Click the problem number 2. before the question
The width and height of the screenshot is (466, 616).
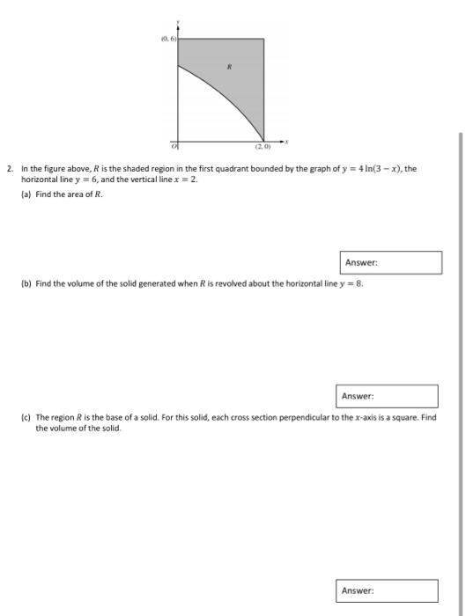pyautogui.click(x=10, y=168)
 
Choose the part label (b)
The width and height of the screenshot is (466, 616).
pyautogui.click(x=26, y=284)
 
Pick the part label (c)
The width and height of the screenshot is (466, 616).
pyautogui.click(x=26, y=418)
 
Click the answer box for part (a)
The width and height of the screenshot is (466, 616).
pyautogui.click(x=391, y=262)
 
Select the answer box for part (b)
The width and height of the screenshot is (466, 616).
pyautogui.click(x=388, y=396)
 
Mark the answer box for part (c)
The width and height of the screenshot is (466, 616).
pyautogui.click(x=388, y=590)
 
